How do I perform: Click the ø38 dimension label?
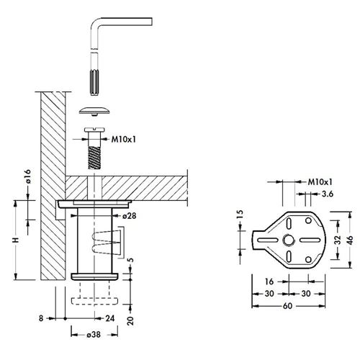[x=94, y=335]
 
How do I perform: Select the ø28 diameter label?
[x=129, y=216]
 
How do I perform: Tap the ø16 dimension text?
[x=28, y=176]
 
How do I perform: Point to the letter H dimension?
[x=16, y=240]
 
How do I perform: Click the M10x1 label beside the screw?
[x=123, y=139]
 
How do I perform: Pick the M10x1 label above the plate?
[x=320, y=182]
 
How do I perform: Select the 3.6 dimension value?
[x=328, y=194]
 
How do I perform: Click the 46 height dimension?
[x=350, y=240]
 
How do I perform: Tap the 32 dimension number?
[x=338, y=240]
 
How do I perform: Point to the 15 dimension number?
[x=240, y=214]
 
